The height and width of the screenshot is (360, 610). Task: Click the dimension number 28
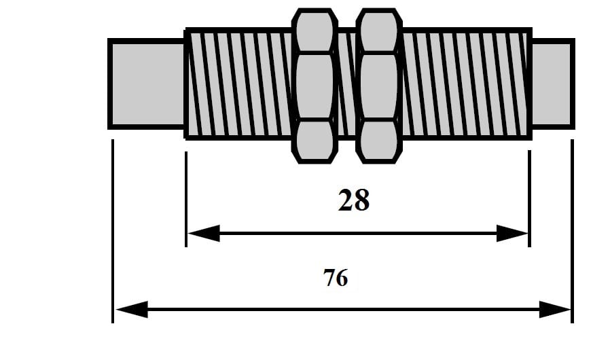tap(353, 200)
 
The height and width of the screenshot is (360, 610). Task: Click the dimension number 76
tap(336, 278)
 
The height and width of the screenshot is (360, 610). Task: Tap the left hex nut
tap(315, 86)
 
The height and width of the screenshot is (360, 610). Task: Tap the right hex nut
tap(379, 86)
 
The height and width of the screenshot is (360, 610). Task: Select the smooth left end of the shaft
tap(147, 84)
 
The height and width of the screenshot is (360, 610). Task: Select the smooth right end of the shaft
tap(552, 84)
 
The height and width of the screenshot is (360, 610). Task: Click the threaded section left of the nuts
tap(238, 84)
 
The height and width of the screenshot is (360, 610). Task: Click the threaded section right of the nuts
tap(465, 84)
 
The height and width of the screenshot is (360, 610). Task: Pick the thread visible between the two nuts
tap(346, 84)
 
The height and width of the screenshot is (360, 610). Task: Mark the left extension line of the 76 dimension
tap(112, 231)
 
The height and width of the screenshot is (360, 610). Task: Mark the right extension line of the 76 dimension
tap(572, 231)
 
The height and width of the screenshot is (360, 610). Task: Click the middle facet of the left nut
tap(315, 86)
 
